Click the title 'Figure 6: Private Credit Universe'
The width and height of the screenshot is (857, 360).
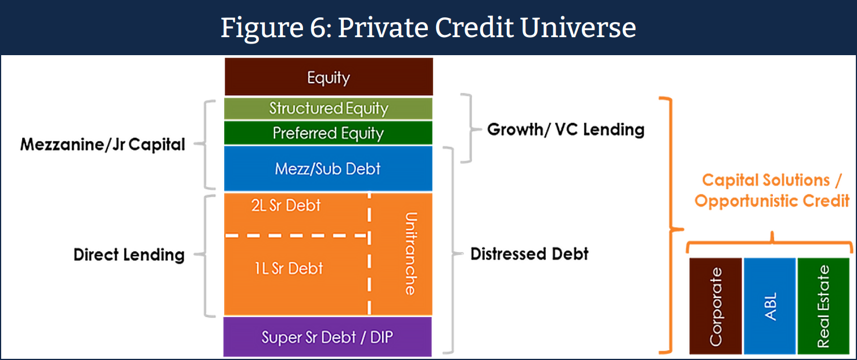[428, 27]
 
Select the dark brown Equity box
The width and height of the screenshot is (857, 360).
[329, 77]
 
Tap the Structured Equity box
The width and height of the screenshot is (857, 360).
[328, 108]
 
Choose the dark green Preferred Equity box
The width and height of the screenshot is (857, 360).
[328, 133]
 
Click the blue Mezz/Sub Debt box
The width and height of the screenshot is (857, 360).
[328, 168]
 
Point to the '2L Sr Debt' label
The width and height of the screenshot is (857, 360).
[286, 206]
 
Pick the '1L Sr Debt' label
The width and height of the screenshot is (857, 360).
[289, 268]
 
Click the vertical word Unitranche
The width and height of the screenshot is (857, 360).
[411, 254]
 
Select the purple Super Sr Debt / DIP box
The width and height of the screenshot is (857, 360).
[327, 337]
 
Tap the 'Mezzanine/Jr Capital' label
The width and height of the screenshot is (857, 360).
[103, 144]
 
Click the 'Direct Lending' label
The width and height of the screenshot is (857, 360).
[129, 254]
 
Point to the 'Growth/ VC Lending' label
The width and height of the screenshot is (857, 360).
[566, 129]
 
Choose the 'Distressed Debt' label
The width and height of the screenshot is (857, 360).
[530, 254]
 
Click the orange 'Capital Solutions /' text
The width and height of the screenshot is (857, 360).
[772, 180]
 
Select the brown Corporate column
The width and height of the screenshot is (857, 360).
[715, 306]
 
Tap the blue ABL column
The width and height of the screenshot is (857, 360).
[770, 306]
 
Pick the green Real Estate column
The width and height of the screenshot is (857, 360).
[823, 306]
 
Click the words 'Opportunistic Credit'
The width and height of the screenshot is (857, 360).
[772, 201]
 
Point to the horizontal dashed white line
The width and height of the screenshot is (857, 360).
[297, 235]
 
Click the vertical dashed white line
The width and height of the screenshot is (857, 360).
[369, 253]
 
